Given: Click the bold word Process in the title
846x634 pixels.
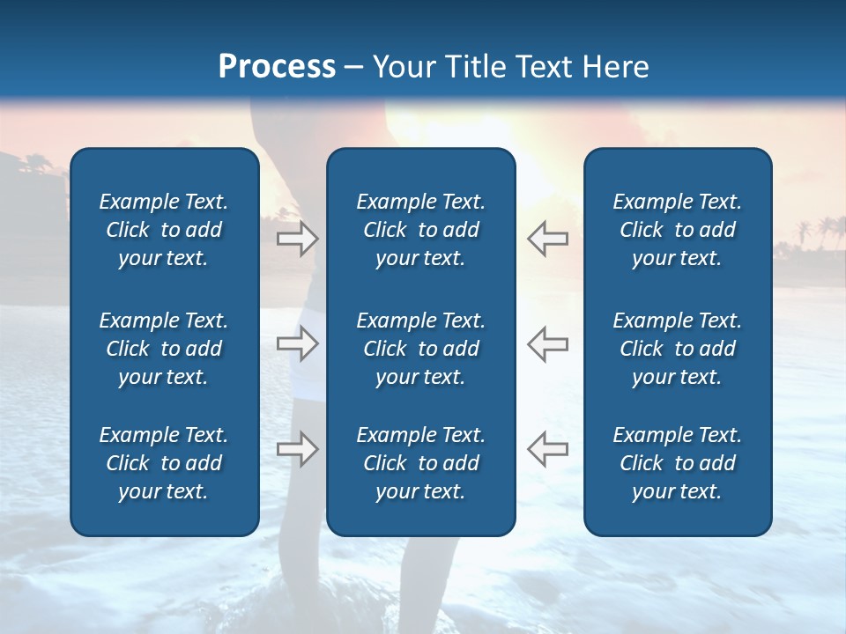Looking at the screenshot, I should pos(277,67).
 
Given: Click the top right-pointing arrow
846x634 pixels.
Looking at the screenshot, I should pos(298,239).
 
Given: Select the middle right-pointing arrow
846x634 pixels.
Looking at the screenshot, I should pos(298,343).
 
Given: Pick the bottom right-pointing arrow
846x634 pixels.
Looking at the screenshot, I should pos(298,449).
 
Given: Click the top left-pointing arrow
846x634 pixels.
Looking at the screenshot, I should pos(547,239).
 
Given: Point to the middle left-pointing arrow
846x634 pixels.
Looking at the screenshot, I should pos(547,343).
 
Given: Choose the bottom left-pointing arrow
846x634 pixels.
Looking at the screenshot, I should pos(547,449).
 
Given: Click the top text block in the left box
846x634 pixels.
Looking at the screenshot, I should pos(164,230).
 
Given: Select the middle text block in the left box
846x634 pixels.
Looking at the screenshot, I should pos(164,349).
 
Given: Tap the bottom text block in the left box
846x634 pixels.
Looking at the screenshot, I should pos(164,463).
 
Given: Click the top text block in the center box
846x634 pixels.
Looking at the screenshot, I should pos(420,230).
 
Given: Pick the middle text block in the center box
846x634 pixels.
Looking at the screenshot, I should pos(420,349).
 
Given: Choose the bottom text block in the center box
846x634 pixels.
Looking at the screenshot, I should pos(420,463).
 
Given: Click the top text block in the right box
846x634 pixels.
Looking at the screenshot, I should pos(677,230).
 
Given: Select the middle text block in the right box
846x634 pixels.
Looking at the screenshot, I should pos(677,349).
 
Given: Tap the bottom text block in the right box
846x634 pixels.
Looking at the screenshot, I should pos(677,463).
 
